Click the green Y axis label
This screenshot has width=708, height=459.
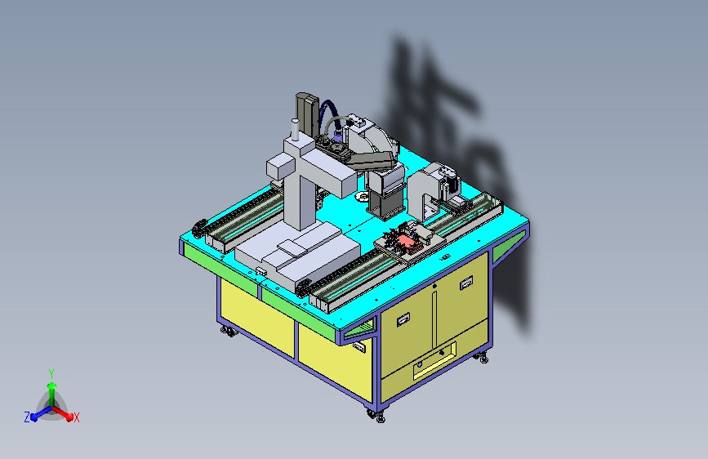tap(51, 374)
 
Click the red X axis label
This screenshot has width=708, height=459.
tap(76, 418)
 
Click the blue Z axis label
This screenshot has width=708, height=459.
tap(27, 417)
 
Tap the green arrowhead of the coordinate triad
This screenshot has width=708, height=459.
tap(51, 385)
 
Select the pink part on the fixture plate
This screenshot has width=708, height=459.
tap(412, 245)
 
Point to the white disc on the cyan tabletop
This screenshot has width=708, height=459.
tap(362, 197)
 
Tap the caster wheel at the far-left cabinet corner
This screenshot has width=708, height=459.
tap(229, 332)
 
